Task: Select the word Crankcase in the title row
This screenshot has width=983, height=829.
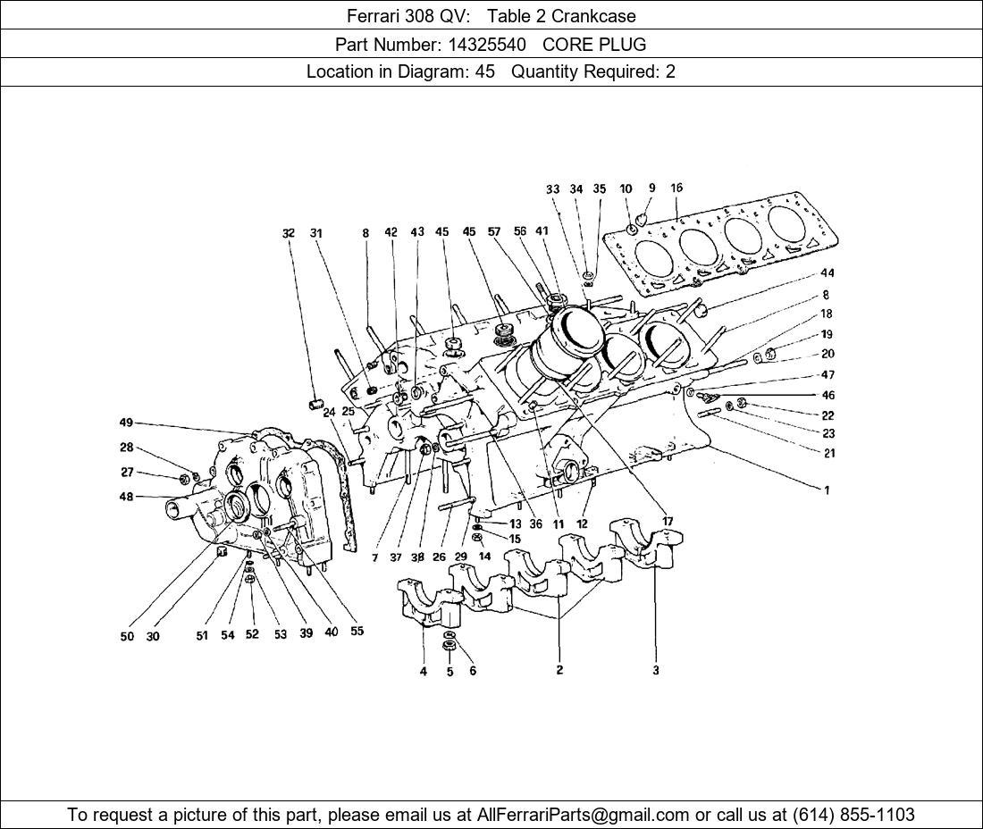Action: (x=593, y=15)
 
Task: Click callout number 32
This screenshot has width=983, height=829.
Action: (x=288, y=233)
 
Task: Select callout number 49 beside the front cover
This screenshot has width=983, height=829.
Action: (x=126, y=423)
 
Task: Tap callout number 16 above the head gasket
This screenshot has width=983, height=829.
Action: (x=676, y=188)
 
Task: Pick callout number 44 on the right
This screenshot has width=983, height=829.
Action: (x=828, y=272)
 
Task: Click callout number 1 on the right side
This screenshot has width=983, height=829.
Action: (x=827, y=490)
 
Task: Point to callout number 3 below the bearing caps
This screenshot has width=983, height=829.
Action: (x=656, y=670)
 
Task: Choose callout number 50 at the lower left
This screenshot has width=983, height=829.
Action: (x=127, y=637)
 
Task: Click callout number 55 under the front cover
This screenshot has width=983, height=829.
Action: (x=357, y=632)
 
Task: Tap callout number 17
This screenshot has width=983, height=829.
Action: (x=668, y=521)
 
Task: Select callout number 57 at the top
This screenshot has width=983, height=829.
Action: (x=493, y=232)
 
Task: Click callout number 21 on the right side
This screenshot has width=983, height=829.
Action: (x=829, y=453)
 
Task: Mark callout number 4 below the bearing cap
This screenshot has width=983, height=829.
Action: (x=424, y=672)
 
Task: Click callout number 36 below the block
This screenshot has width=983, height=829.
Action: (x=535, y=524)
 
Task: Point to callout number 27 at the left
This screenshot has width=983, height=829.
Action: (x=127, y=473)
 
